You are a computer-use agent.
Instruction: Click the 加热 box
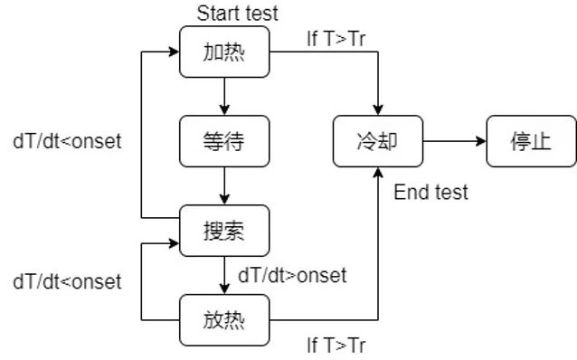click(x=224, y=52)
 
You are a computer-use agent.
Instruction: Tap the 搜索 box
click(x=224, y=231)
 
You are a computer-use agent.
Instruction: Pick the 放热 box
click(x=224, y=320)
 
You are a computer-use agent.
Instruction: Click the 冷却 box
click(x=377, y=141)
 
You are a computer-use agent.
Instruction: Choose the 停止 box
click(x=531, y=141)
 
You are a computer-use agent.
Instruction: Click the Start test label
click(x=238, y=13)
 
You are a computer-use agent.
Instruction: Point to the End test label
click(x=431, y=192)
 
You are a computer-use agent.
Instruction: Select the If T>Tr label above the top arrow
click(x=336, y=40)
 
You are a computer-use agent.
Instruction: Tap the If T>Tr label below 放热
click(x=336, y=345)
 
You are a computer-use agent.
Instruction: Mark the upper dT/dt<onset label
click(x=67, y=141)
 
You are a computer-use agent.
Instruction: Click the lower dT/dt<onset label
click(x=67, y=281)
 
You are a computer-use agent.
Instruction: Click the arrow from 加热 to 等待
click(x=224, y=96)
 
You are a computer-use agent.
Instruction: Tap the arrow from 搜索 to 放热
click(x=224, y=275)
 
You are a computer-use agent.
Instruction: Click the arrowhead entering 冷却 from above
click(x=377, y=109)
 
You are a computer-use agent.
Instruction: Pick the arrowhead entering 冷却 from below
click(x=377, y=173)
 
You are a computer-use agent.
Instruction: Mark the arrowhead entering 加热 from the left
click(x=173, y=52)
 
